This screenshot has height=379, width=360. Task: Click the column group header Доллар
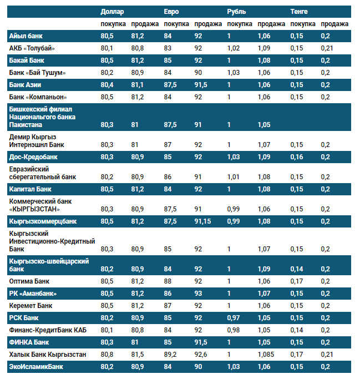point(113,11)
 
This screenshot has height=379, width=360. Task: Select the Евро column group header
point(171,11)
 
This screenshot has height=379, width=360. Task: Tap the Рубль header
point(237,11)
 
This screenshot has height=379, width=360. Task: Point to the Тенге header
point(300,11)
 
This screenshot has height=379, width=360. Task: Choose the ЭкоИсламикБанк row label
point(36,367)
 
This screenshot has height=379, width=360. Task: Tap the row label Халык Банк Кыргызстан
point(47,355)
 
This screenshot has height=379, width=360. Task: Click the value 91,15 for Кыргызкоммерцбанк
point(204,221)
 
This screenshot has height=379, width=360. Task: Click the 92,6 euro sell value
point(201,355)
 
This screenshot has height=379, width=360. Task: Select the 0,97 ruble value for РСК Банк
point(234,318)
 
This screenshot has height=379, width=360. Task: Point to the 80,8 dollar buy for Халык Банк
point(108,355)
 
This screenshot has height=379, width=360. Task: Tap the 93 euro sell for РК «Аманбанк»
point(198,293)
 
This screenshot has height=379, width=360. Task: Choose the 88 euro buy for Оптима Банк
point(168,281)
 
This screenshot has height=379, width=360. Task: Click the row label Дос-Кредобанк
point(34,157)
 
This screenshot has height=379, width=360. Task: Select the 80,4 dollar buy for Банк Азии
point(108,85)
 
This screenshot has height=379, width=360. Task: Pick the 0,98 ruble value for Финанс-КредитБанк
point(234,330)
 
